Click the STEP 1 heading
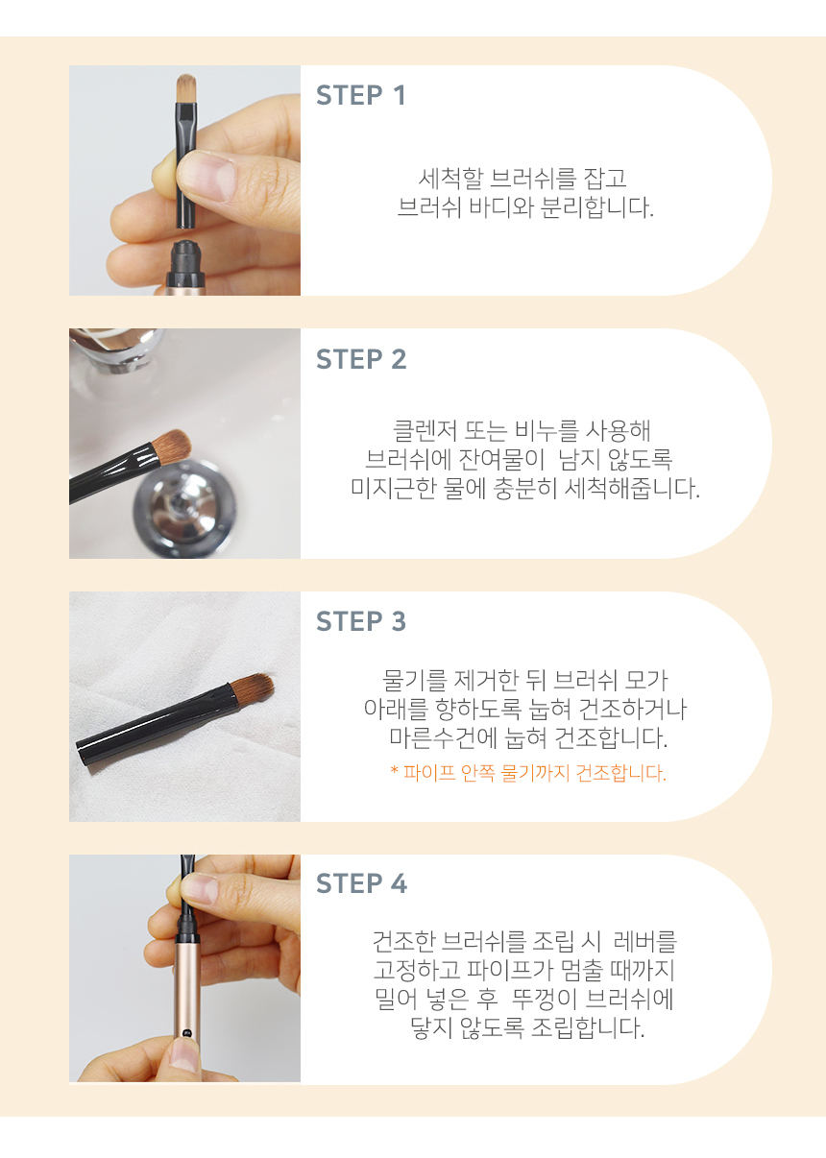[x=360, y=96]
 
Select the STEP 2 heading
[x=361, y=359]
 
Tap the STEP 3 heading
[x=361, y=621]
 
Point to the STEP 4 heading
[x=361, y=883]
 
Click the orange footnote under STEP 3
[x=528, y=773]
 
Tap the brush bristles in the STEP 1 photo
[x=186, y=88]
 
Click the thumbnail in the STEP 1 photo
[x=206, y=176]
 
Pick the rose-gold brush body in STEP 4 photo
[x=187, y=999]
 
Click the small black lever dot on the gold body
[x=187, y=1033]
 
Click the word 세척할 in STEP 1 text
[x=450, y=179]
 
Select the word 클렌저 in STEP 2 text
[x=425, y=430]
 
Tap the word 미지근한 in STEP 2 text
[x=394, y=488]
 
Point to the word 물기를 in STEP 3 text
[x=414, y=681]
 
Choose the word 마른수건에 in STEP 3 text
[x=444, y=737]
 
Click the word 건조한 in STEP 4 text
[x=404, y=941]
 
